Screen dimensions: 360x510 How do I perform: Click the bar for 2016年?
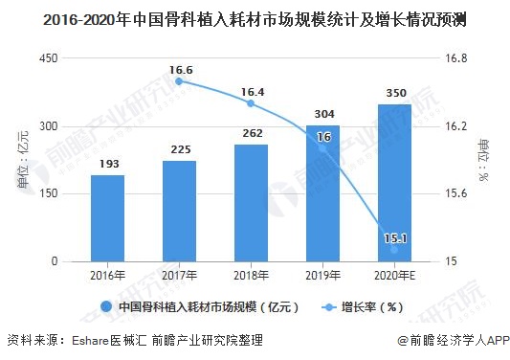click(x=107, y=218)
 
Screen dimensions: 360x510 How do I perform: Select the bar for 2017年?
click(x=179, y=211)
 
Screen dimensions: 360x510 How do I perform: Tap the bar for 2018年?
click(x=251, y=203)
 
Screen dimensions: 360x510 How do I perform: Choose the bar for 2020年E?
click(x=394, y=183)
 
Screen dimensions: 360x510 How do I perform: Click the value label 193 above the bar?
click(x=108, y=165)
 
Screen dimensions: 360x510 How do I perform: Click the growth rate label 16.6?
click(x=179, y=69)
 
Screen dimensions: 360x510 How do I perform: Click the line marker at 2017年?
click(x=179, y=81)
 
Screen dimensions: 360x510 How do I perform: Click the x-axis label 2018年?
click(x=251, y=275)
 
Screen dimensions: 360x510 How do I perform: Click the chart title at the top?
click(x=255, y=18)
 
